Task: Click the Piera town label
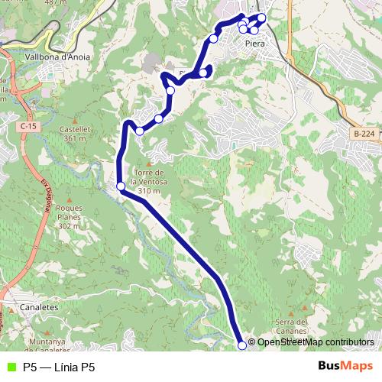[x=255, y=44]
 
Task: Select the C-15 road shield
[x=30, y=125]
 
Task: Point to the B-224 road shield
[x=364, y=134]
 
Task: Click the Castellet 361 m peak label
[x=75, y=134]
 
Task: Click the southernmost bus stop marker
[x=243, y=345]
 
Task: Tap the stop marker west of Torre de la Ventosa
[x=121, y=186]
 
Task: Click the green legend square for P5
[x=10, y=367]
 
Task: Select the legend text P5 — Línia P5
[x=59, y=367]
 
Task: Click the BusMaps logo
[x=345, y=366]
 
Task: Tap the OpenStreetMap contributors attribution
[x=315, y=342]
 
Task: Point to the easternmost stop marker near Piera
[x=261, y=18]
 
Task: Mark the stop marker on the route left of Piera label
[x=214, y=38]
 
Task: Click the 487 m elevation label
[x=53, y=2]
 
